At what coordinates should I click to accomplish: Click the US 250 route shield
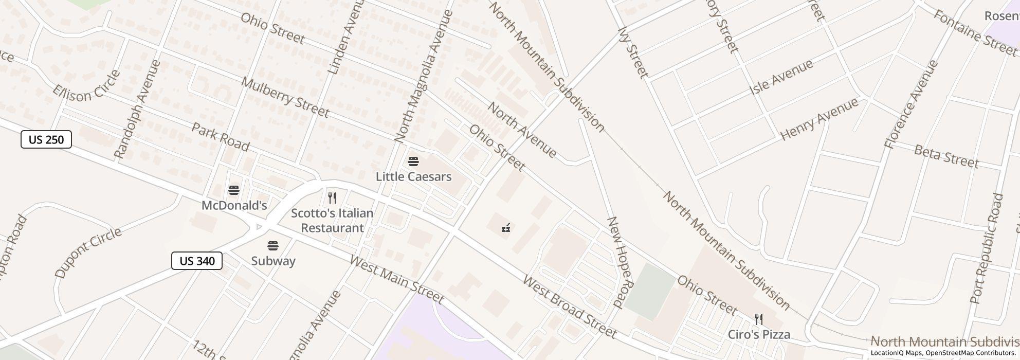point(46,139)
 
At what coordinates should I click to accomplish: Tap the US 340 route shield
point(197,261)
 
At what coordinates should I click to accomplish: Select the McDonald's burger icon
point(234,191)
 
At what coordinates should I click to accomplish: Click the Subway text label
point(273,261)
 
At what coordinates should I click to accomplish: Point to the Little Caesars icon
point(413,161)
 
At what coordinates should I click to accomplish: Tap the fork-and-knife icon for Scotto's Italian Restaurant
point(332,198)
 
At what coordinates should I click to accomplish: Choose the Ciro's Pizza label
point(759,334)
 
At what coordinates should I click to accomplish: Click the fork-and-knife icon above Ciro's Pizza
point(758,319)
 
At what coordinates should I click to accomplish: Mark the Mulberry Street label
point(285,97)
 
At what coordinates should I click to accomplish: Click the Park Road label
point(220,137)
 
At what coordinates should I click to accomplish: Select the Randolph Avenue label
point(137,109)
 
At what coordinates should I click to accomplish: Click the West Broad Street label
point(569,307)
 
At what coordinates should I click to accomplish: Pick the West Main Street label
point(396,279)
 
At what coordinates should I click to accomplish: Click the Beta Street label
point(946,156)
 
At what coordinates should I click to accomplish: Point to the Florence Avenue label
point(912,104)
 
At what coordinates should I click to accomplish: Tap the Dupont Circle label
point(88,253)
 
